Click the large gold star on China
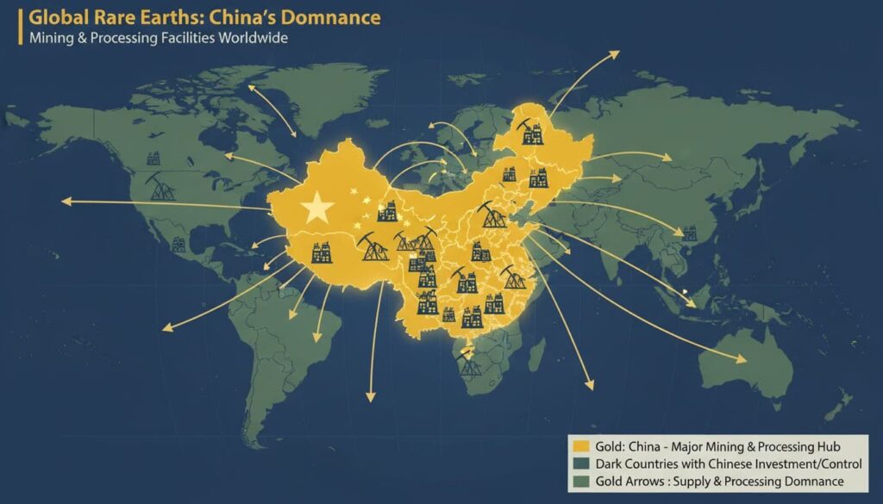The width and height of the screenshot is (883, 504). [317, 206]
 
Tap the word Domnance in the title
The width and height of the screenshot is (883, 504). [335, 17]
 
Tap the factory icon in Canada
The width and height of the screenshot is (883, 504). [154, 158]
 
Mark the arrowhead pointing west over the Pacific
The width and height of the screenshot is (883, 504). [66, 201]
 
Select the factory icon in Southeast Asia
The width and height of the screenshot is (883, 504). [688, 233]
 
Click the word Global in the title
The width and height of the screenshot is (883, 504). [53, 17]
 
